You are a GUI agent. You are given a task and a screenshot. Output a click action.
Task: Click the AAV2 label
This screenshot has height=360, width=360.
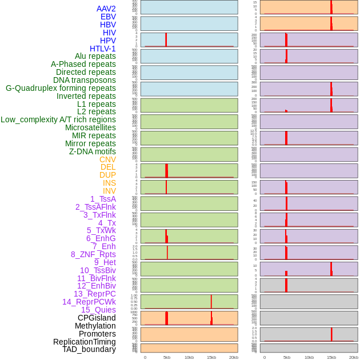(x=106, y=9)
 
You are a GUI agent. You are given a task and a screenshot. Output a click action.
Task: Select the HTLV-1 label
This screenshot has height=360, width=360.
(x=103, y=49)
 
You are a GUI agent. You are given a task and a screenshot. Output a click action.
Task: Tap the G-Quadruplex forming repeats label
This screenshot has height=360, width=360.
(x=61, y=88)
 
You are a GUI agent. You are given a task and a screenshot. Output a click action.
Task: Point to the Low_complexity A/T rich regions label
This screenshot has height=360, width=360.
(x=58, y=119)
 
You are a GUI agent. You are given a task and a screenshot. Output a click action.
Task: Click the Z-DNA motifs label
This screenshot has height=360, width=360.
(x=93, y=151)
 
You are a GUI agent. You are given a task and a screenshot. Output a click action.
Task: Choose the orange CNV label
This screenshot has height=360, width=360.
(x=107, y=159)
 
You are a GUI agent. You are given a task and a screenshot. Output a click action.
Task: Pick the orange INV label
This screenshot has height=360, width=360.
(x=109, y=191)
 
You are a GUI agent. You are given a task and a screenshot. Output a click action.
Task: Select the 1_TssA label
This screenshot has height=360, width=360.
(x=103, y=199)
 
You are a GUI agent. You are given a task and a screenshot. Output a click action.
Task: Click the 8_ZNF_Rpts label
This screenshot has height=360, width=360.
(x=93, y=254)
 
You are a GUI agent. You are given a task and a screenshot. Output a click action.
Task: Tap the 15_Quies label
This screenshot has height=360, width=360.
(x=98, y=310)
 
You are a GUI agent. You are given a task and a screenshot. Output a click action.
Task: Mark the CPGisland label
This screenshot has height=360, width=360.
(x=97, y=318)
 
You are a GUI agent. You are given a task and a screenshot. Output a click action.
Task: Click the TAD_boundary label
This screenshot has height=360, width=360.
(x=89, y=349)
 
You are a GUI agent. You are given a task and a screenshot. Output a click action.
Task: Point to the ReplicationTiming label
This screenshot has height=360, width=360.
(x=85, y=342)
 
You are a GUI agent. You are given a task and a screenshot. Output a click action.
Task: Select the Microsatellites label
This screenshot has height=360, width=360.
(x=90, y=127)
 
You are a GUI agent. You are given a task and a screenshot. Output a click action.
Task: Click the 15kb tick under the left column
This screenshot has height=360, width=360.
(x=211, y=357)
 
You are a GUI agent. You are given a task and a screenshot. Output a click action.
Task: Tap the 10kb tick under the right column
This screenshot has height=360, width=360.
(x=309, y=357)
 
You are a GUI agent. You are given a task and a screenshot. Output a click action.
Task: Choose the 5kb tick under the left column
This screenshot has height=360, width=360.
(x=167, y=357)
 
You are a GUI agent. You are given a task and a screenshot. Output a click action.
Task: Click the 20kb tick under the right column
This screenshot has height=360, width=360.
(x=354, y=357)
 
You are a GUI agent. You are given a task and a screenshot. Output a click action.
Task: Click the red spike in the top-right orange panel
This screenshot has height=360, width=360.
(x=331, y=7)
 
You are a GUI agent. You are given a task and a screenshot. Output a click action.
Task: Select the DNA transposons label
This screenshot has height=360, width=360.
(x=85, y=80)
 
